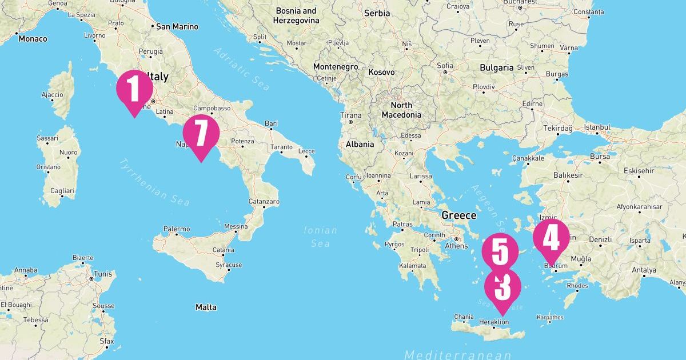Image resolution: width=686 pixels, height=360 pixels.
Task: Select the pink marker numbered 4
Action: [551, 239]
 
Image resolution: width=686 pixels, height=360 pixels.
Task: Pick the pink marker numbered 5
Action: [500, 252]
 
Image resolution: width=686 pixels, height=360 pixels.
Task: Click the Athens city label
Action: [456, 246]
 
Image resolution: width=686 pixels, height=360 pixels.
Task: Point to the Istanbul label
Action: [596, 127]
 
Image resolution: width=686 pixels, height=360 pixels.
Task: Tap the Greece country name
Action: [458, 215]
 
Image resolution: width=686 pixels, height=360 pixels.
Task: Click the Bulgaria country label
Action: [496, 67]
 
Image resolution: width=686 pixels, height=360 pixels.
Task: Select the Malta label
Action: [206, 307]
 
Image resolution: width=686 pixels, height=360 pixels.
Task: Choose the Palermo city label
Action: [177, 229]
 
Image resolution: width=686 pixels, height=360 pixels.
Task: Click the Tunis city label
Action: [103, 273]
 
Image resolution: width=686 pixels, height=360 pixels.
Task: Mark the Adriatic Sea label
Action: [242, 69]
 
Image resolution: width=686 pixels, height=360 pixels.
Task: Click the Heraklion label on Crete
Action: [494, 322]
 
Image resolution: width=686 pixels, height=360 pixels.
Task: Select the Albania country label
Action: [360, 145]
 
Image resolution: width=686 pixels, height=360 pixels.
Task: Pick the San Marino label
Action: [177, 26]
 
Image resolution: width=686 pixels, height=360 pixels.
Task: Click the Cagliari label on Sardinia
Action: [62, 190]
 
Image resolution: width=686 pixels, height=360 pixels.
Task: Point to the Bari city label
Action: [271, 123]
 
